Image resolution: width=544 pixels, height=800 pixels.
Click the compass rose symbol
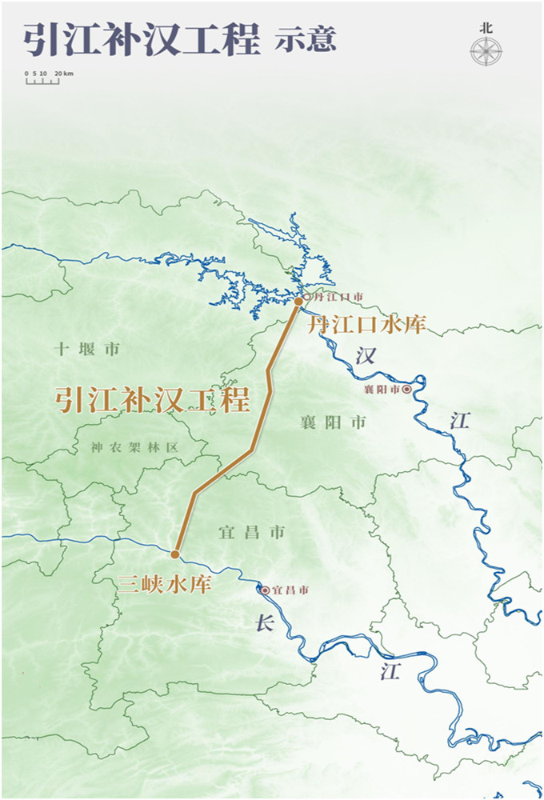(x=486, y=52)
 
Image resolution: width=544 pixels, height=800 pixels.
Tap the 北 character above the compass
(x=486, y=27)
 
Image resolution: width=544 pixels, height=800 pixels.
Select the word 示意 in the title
(x=305, y=39)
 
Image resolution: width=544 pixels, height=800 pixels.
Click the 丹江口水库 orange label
(x=367, y=325)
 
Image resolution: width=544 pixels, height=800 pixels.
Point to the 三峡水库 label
(x=165, y=585)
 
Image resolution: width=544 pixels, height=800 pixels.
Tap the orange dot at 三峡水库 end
(x=175, y=554)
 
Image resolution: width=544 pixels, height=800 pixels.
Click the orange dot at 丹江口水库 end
(x=298, y=302)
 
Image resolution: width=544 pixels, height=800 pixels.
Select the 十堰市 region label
(x=87, y=349)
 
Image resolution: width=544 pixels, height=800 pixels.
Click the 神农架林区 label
(x=134, y=448)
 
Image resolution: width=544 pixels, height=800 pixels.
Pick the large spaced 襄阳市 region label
(x=334, y=422)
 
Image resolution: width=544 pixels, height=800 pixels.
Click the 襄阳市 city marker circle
(x=407, y=389)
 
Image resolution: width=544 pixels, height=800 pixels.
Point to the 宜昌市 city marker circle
(x=265, y=590)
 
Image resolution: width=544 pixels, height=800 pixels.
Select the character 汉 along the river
(x=366, y=356)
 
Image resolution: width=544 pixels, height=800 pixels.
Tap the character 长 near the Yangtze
(x=265, y=624)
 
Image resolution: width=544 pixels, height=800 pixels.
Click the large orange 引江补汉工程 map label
(x=152, y=399)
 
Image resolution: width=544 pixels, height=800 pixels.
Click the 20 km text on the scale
(x=64, y=74)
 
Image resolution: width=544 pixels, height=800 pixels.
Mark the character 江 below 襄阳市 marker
(x=458, y=421)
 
